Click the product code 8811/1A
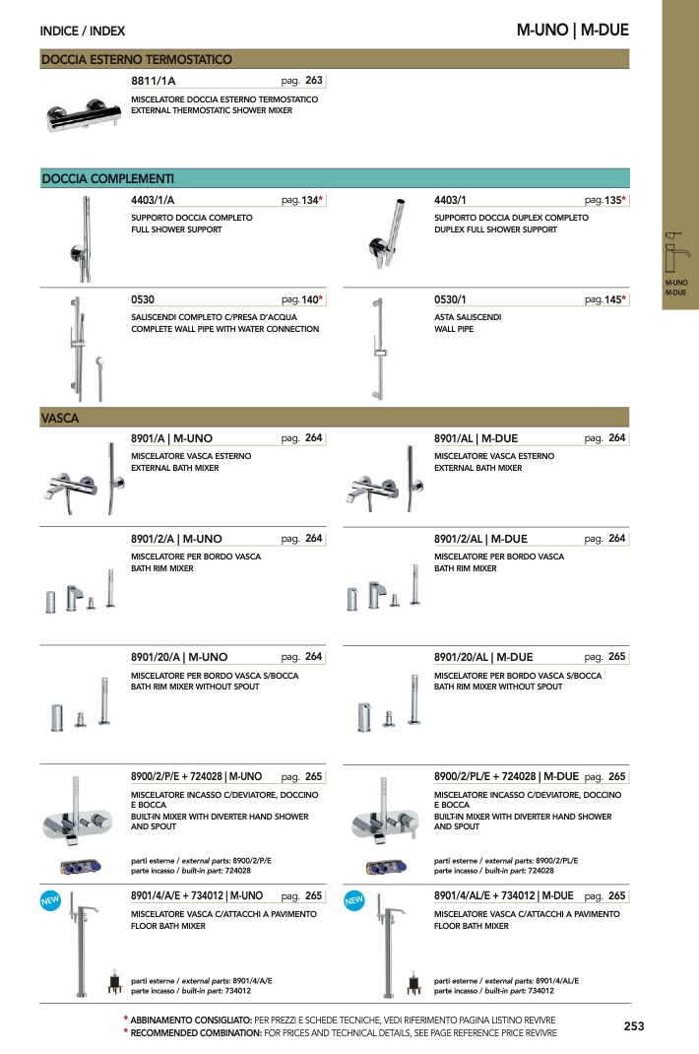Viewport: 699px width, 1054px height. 154,81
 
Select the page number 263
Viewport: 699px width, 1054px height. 314,80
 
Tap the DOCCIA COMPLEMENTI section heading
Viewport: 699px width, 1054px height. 107,179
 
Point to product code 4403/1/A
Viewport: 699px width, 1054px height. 153,200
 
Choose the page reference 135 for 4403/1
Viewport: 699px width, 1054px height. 613,200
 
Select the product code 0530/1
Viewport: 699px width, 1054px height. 450,299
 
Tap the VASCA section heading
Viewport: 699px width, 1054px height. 60,418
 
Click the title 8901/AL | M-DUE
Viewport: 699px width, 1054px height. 476,438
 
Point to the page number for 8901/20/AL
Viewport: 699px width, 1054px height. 617,657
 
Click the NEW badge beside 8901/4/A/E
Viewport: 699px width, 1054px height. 50,900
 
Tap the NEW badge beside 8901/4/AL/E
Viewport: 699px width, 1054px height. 354,900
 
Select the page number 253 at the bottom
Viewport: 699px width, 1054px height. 634,1026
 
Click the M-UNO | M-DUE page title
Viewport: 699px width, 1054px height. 573,31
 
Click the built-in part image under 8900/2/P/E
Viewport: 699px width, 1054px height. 81,867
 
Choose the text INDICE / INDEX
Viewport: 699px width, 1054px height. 83,31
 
